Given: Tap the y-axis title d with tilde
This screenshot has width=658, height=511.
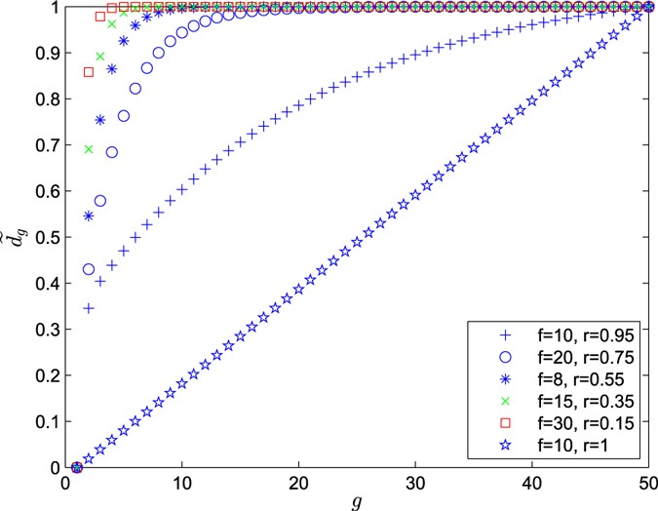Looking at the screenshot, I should [14, 237].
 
